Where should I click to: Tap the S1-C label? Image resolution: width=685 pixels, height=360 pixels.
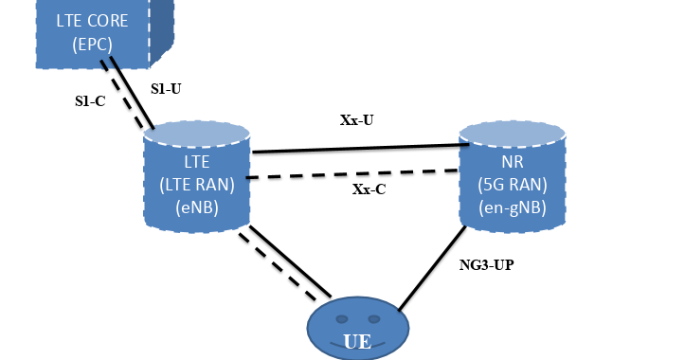91,99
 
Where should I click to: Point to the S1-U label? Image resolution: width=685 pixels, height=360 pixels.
168,88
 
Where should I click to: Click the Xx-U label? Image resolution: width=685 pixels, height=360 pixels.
357,120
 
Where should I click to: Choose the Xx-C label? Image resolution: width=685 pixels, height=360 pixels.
369,189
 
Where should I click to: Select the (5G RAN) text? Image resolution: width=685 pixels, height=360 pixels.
513,186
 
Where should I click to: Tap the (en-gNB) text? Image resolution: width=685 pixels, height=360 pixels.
513,208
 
